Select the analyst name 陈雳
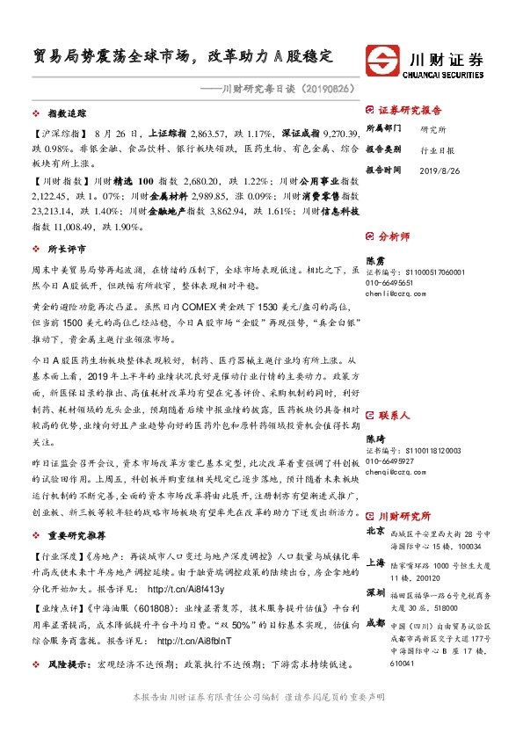point(375,261)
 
